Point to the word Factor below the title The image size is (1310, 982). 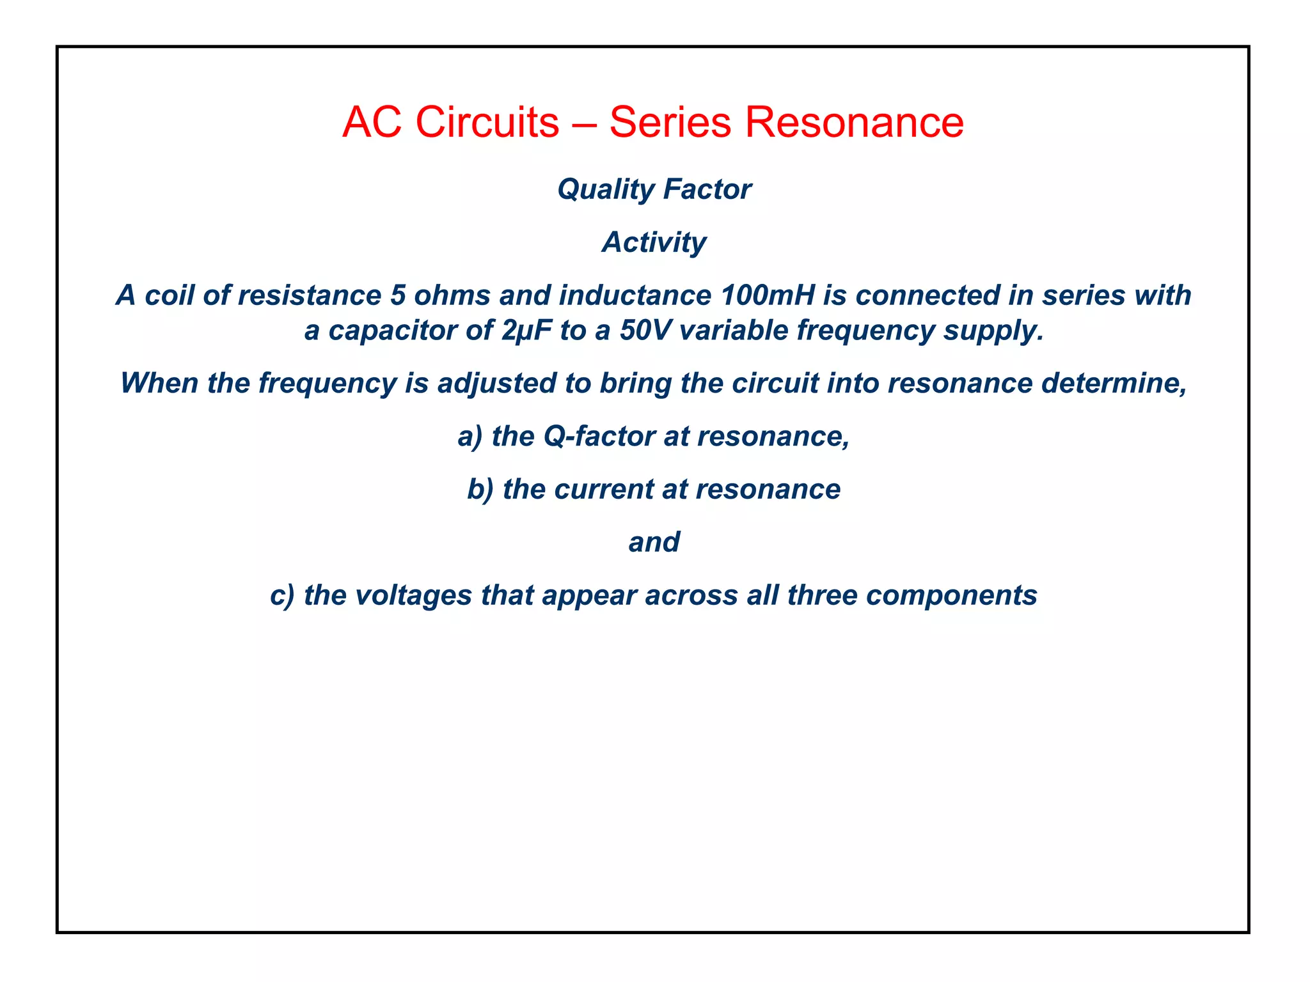tap(707, 189)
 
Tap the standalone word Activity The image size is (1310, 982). tap(654, 242)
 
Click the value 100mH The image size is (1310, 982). tap(768, 295)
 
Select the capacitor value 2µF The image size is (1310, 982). tap(526, 331)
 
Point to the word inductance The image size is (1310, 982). tap(635, 295)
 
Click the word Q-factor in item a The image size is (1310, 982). tap(599, 437)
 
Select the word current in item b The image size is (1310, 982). tap(603, 490)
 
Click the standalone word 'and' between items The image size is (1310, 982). tap(654, 543)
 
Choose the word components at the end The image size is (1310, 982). tap(951, 596)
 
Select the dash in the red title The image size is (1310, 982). tap(583, 123)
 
